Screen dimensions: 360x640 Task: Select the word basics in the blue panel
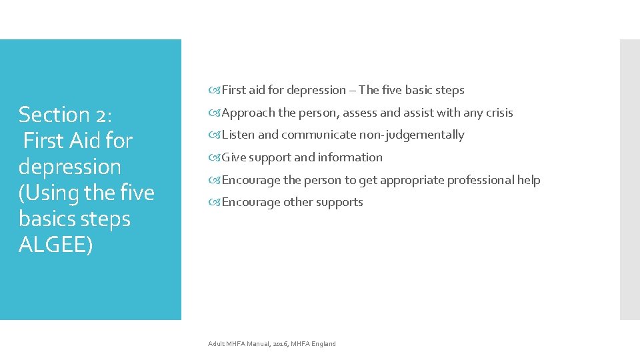point(47,219)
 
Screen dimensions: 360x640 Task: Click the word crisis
point(499,113)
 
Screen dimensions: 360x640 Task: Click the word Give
point(234,157)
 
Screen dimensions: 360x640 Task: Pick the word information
point(351,157)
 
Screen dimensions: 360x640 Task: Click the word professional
point(481,180)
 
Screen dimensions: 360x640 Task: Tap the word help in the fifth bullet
point(529,180)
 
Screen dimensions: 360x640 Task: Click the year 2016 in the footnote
point(279,344)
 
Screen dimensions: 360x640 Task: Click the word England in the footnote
point(323,344)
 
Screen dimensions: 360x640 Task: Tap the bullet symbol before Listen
point(215,135)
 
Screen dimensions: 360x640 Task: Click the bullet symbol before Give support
point(215,158)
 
